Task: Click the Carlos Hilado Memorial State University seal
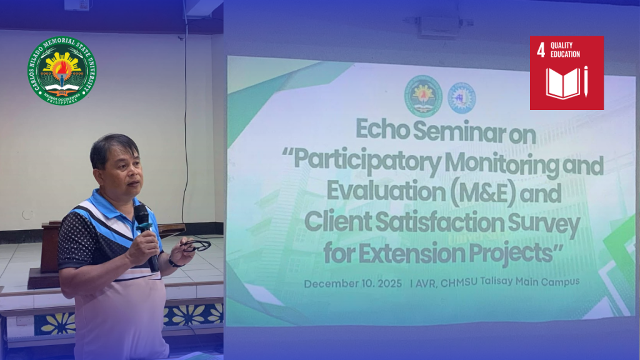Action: [61, 70]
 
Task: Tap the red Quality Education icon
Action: [566, 72]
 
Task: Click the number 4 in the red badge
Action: [541, 51]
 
